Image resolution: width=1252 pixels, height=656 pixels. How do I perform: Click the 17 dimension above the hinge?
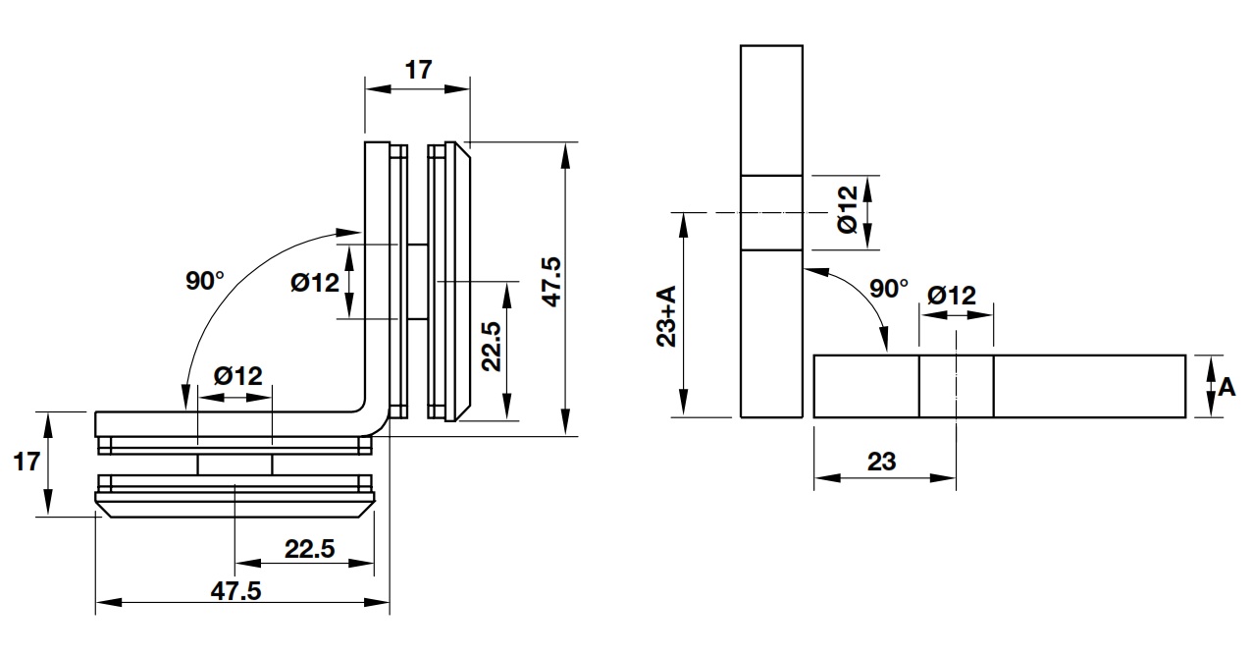tap(418, 70)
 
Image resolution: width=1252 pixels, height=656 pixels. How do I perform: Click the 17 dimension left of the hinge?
tap(27, 461)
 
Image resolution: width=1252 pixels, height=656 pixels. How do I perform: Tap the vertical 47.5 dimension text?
tap(550, 282)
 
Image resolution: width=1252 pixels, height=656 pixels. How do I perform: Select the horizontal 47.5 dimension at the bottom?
tap(235, 590)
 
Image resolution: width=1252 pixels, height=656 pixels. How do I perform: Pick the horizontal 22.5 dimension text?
tap(309, 548)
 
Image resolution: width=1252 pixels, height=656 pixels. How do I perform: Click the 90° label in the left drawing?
tap(205, 281)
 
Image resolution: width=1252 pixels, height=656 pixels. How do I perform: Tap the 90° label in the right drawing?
tap(889, 289)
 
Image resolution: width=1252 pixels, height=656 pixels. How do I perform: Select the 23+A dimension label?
tap(666, 316)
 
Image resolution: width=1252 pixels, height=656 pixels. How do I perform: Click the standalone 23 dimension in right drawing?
tap(881, 461)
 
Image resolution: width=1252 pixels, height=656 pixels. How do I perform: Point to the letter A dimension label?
tap(1226, 387)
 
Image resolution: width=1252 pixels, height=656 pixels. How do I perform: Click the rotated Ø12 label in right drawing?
tap(848, 209)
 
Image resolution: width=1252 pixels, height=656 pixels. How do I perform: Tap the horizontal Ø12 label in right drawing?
tap(951, 295)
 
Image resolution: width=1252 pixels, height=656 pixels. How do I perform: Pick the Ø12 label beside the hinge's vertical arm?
tap(315, 283)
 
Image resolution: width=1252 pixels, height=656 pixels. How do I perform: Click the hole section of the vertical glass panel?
tap(771, 212)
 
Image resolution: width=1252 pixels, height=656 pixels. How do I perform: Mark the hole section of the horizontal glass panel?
tap(956, 387)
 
